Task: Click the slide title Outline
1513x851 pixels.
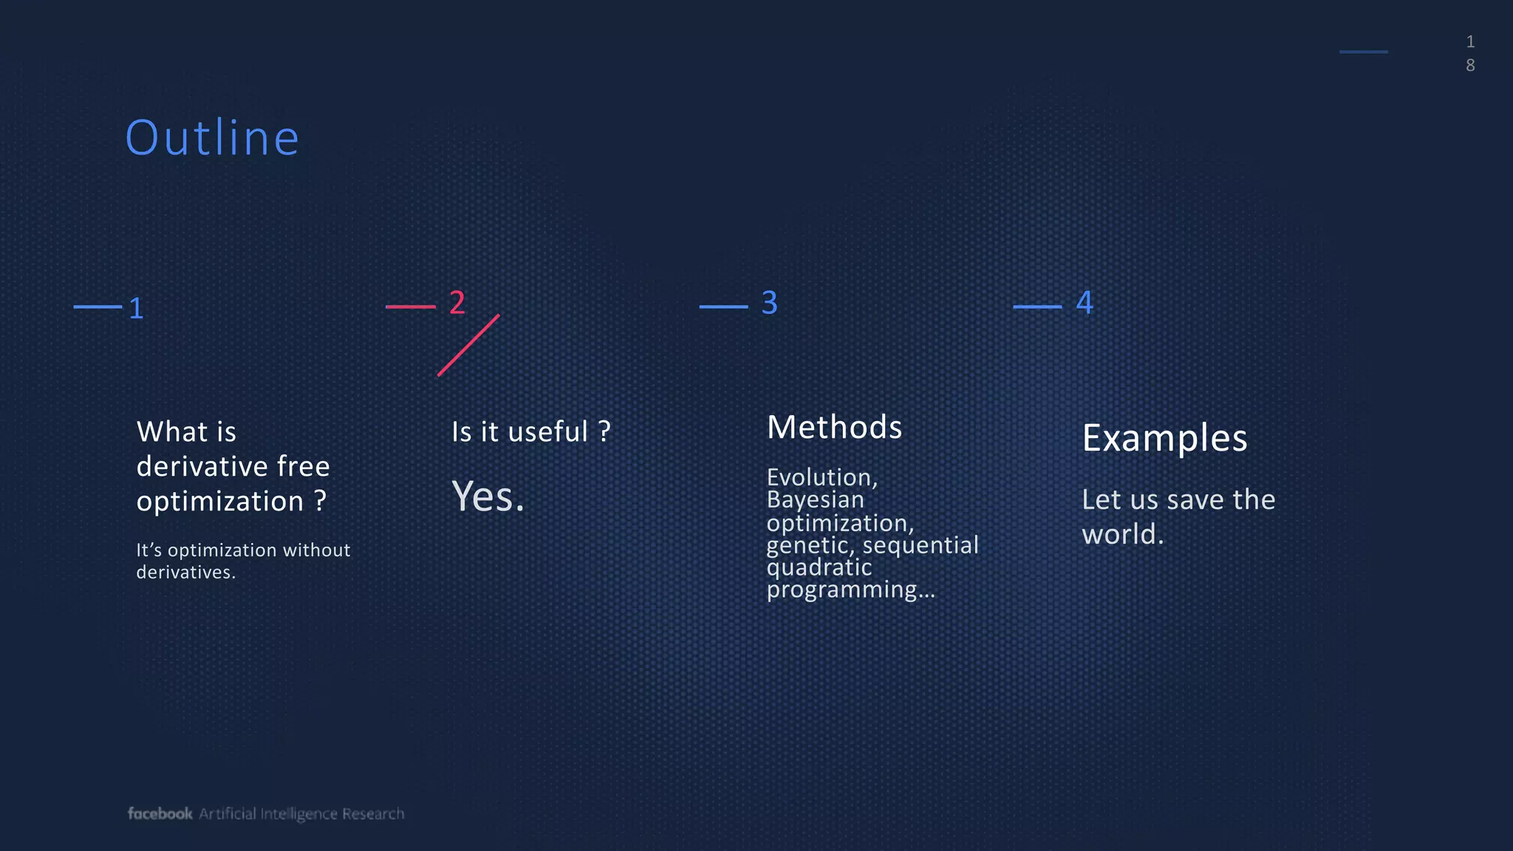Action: tap(212, 138)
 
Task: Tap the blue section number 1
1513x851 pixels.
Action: tap(136, 309)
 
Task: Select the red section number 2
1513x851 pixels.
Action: tap(457, 303)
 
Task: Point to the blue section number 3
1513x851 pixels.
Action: tap(769, 303)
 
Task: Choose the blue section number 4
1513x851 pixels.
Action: tap(1085, 303)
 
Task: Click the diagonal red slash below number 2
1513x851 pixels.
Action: tap(468, 345)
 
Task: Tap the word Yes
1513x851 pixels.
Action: tap(488, 496)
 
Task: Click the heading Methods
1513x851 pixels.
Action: tap(834, 427)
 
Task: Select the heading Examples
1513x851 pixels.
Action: tap(1164, 438)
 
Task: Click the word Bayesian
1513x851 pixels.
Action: tap(815, 500)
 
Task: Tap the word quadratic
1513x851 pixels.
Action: tap(819, 567)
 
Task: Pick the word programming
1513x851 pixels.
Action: tap(841, 590)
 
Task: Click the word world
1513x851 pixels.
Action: tap(1122, 535)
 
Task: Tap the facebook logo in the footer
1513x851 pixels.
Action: tap(160, 813)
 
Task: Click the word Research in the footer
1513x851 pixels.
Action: tap(373, 813)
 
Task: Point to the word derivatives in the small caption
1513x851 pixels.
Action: tap(185, 573)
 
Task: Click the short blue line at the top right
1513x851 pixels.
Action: tap(1363, 52)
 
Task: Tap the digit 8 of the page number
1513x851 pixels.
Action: tap(1470, 66)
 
